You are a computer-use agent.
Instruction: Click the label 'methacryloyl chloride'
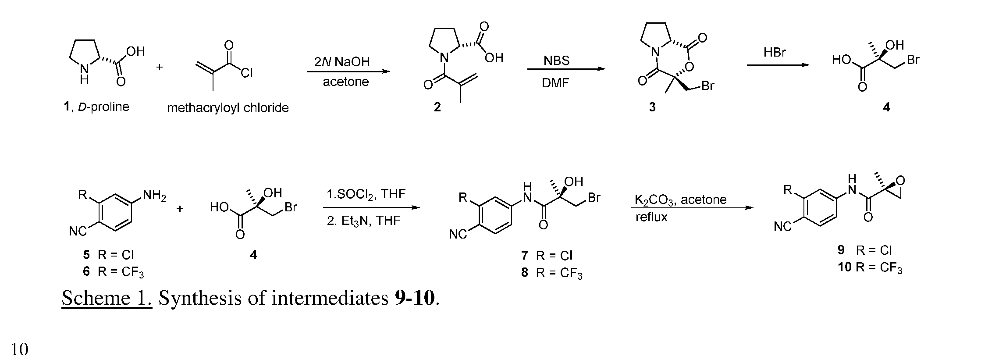228,108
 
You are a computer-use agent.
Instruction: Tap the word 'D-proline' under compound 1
103,107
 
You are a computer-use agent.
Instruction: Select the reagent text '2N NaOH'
342,62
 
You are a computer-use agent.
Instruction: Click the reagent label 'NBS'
557,61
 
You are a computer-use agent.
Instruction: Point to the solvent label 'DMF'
555,83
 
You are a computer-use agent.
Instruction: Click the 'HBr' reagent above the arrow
775,53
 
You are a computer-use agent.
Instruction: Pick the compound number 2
437,107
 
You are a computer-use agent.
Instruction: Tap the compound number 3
652,107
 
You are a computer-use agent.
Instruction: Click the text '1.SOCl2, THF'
366,194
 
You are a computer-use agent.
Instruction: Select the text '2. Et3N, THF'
363,221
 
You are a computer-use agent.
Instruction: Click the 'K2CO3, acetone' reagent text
681,200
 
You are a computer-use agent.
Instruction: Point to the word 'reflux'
651,217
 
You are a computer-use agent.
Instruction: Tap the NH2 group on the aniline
154,196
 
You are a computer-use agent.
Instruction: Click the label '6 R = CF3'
114,272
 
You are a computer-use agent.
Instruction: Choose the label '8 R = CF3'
552,273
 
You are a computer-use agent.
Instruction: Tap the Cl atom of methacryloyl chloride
247,72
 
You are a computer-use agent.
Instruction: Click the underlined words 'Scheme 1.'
107,298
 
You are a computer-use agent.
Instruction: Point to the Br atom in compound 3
708,86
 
